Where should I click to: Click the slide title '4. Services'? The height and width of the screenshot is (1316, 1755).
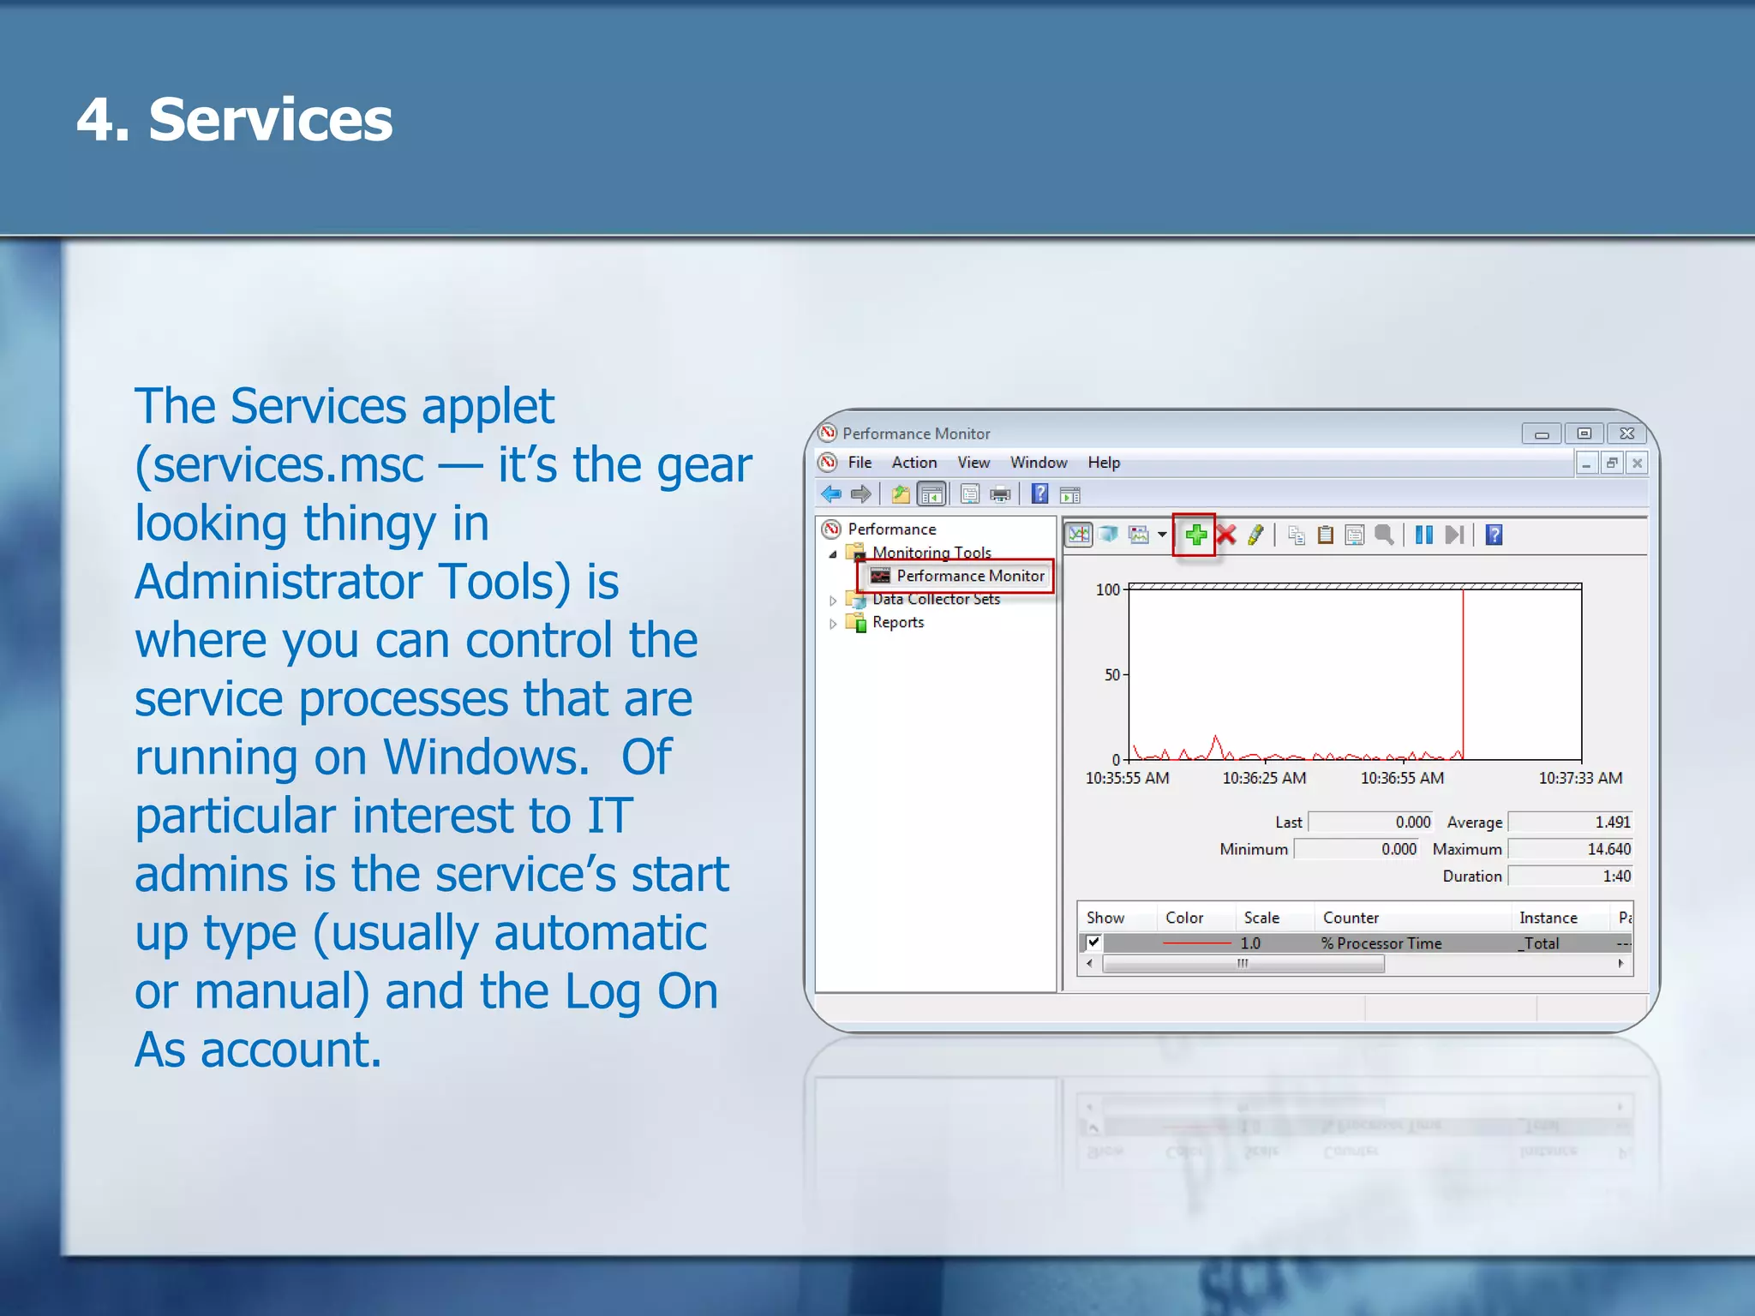point(234,119)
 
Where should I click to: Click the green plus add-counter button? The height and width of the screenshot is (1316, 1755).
point(1195,535)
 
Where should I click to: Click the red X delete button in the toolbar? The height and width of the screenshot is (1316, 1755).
point(1226,535)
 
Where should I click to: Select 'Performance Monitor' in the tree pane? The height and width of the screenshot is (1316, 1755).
point(969,576)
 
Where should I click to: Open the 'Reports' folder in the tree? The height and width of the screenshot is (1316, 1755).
point(897,623)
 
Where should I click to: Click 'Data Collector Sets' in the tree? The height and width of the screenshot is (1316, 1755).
point(936,600)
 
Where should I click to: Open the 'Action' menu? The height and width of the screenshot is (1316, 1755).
point(913,463)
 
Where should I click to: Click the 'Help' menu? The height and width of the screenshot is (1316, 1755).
point(1104,463)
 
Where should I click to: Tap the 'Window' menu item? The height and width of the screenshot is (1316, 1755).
point(1038,463)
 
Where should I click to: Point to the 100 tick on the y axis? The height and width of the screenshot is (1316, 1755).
point(1107,589)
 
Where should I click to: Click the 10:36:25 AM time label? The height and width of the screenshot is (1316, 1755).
point(1264,778)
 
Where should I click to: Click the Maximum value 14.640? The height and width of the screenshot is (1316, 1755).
point(1608,849)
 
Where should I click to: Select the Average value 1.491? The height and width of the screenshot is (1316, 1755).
point(1611,822)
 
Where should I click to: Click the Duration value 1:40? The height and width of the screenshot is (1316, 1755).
point(1615,876)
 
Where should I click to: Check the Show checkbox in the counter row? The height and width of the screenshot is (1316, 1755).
point(1093,942)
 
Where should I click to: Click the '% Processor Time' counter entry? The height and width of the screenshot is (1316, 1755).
point(1381,943)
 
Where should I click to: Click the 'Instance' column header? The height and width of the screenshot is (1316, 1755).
point(1548,918)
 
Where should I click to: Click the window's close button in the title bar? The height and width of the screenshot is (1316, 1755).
point(1626,434)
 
